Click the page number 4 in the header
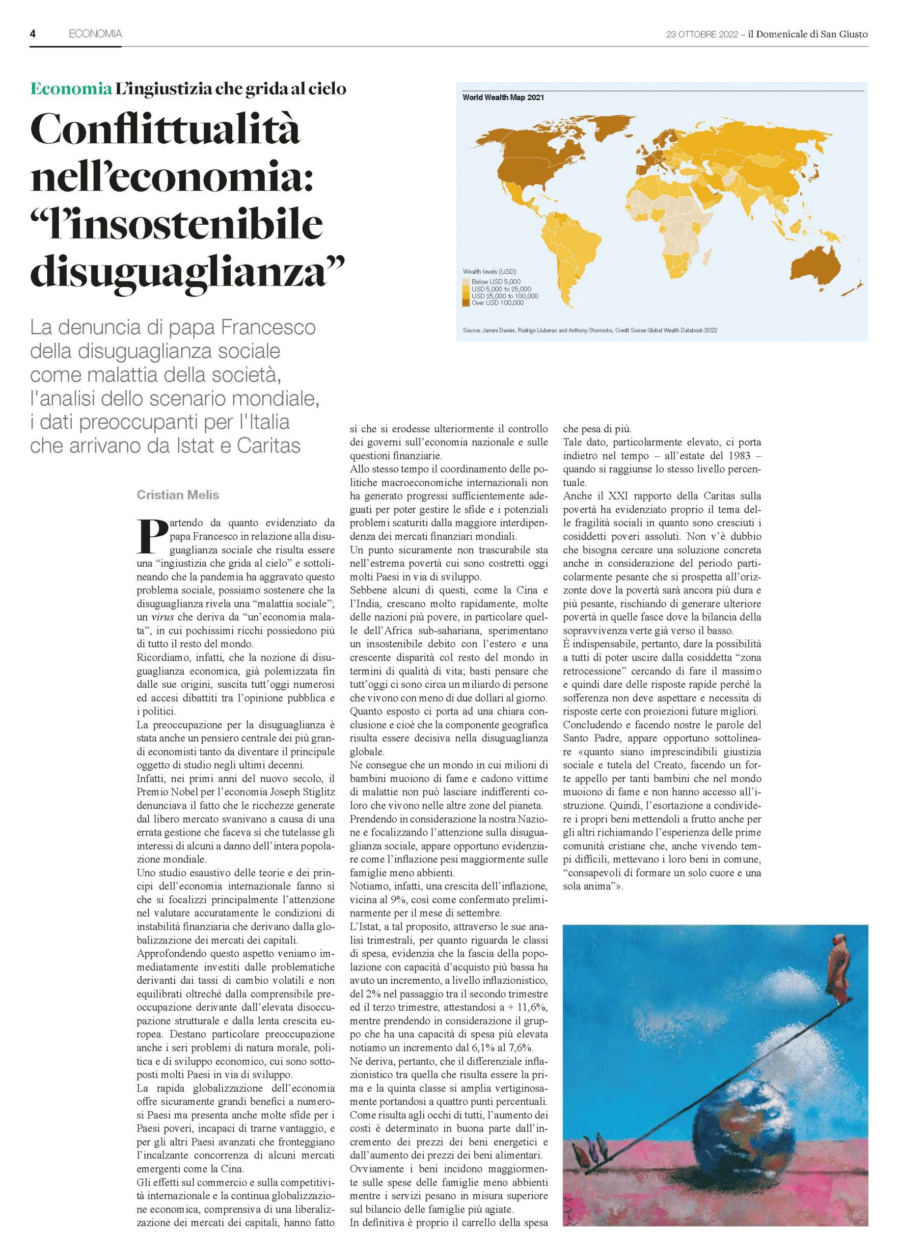tap(32, 34)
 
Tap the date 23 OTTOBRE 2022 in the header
tap(702, 34)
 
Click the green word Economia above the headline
tap(71, 88)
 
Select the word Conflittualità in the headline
tap(166, 131)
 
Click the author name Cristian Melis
tap(178, 495)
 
